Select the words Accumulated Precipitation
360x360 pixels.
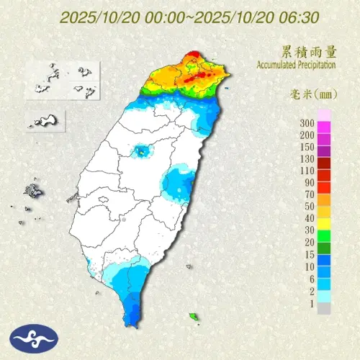[297, 65]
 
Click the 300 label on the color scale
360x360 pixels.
[307, 124]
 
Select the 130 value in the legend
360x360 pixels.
[307, 158]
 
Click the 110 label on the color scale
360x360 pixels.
[307, 170]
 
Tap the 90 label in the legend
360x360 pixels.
[309, 182]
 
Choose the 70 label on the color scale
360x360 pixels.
[309, 194]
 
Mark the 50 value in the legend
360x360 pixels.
[309, 206]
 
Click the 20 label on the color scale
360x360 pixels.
[309, 241]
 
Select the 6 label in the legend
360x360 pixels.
[310, 277]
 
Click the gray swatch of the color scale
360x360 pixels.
[324, 308]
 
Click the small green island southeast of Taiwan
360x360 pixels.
[193, 316]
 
